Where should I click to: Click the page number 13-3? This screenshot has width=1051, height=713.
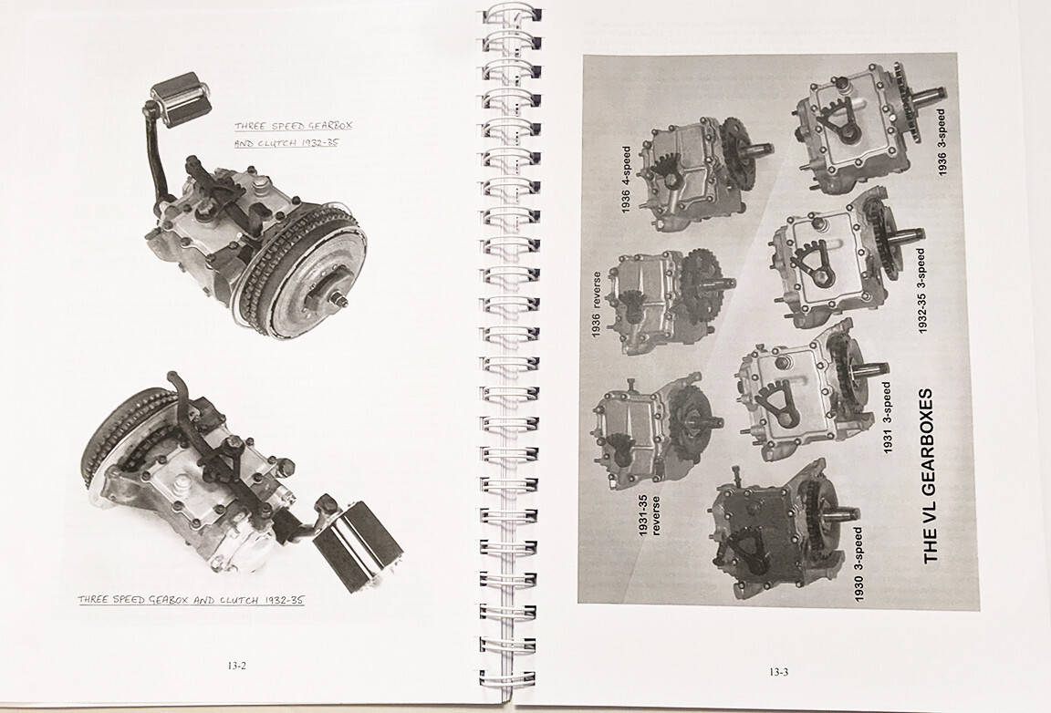pos(777,672)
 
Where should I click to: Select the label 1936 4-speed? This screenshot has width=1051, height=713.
pos(626,180)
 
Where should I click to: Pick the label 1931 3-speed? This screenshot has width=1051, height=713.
pos(888,418)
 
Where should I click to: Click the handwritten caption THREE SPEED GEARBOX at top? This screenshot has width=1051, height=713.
pos(293,126)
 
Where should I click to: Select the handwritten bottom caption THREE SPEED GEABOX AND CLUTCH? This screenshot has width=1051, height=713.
pos(191,600)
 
